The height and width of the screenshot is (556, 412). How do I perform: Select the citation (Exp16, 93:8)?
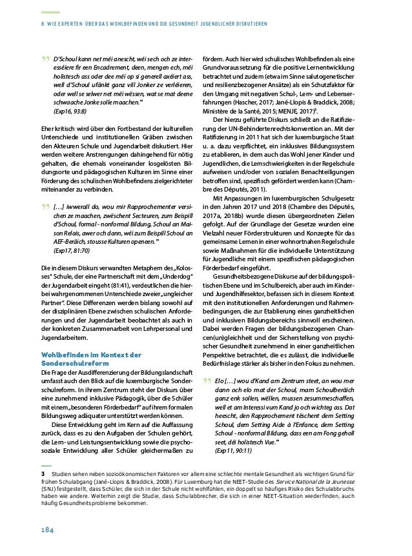(72, 111)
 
